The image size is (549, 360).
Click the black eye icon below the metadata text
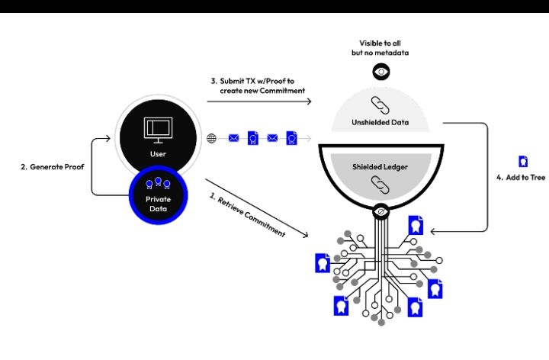coord(381,72)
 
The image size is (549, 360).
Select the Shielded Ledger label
coord(381,166)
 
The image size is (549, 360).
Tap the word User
coord(156,153)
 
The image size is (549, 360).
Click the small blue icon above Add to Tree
coord(523,161)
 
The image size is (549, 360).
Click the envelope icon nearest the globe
coord(233,138)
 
